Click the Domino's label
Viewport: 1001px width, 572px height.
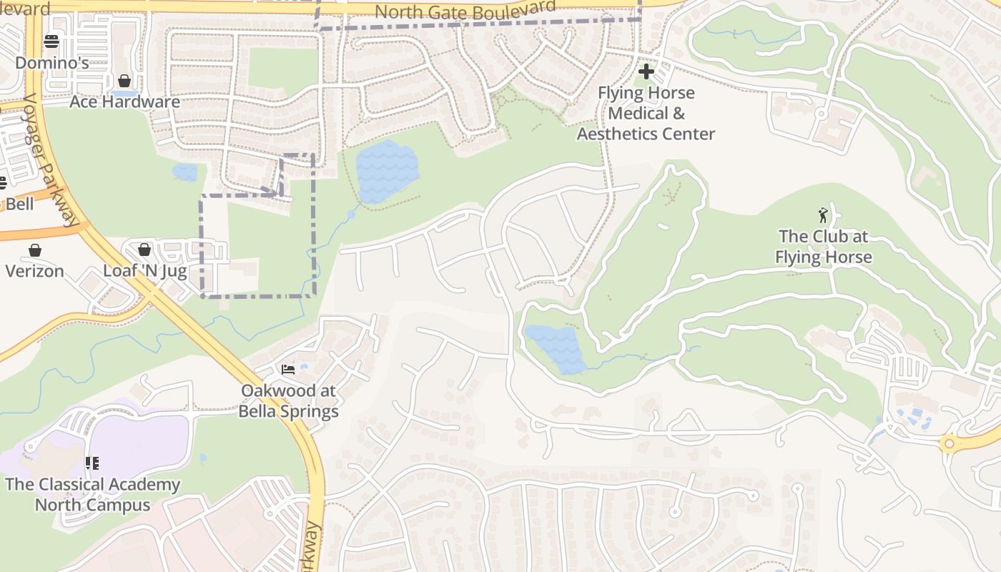tap(51, 63)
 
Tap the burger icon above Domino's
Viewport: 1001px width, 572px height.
tap(51, 41)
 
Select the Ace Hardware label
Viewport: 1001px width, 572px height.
tap(124, 102)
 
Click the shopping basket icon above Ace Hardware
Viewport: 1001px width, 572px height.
tap(124, 81)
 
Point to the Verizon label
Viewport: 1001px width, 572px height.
tap(35, 271)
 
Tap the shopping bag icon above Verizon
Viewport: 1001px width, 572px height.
tap(35, 250)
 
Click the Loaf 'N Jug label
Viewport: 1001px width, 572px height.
tap(144, 271)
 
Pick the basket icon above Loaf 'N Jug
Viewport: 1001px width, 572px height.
tap(144, 250)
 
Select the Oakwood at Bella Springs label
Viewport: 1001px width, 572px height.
tap(288, 401)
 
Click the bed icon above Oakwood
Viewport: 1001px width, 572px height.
tap(288, 370)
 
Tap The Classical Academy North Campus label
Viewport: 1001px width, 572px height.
tap(92, 494)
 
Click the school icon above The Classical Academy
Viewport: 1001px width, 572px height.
tap(92, 463)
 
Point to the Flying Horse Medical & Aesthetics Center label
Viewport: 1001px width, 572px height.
tap(646, 113)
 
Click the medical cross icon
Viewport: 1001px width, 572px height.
tap(646, 71)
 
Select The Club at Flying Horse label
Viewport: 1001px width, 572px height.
tap(824, 247)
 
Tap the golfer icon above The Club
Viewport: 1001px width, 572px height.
tap(824, 214)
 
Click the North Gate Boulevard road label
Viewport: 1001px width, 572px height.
tap(465, 11)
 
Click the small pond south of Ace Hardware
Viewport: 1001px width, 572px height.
tap(184, 172)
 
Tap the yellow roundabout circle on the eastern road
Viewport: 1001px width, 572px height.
tap(949, 443)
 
